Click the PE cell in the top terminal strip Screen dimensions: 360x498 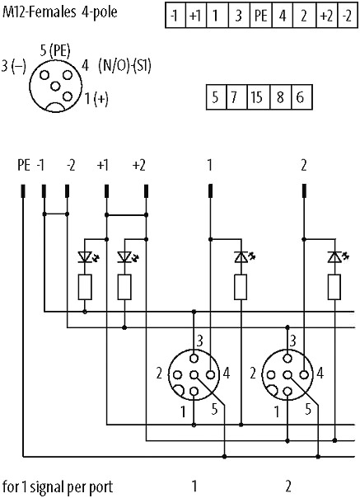point(260,15)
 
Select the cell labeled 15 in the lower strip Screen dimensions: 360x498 point(258,97)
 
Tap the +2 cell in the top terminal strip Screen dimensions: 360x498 point(327,15)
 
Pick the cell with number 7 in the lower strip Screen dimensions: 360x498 point(236,97)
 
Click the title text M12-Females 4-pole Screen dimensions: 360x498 point(59,12)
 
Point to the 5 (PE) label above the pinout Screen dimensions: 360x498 point(55,51)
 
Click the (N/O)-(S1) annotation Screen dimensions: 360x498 point(124,66)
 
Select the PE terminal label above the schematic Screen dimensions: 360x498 point(24,166)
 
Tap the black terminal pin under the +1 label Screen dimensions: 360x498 point(106,191)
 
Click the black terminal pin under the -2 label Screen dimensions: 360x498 point(67,191)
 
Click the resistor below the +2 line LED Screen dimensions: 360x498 point(124,287)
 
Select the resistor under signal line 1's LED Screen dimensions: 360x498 point(241,287)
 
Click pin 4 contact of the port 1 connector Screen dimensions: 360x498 point(210,375)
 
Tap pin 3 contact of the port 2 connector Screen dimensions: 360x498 point(288,359)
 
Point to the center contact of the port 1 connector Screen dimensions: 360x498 point(194,375)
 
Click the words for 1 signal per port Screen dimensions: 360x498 point(58,487)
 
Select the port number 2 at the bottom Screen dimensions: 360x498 point(288,486)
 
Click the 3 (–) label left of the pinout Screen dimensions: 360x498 point(13,66)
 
